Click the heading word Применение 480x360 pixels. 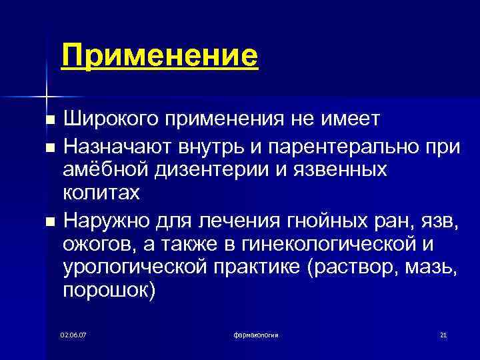point(159,55)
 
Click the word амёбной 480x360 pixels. point(101,169)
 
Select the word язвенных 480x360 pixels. point(341,169)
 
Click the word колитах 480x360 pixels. point(101,193)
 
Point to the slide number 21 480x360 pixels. point(443,334)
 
